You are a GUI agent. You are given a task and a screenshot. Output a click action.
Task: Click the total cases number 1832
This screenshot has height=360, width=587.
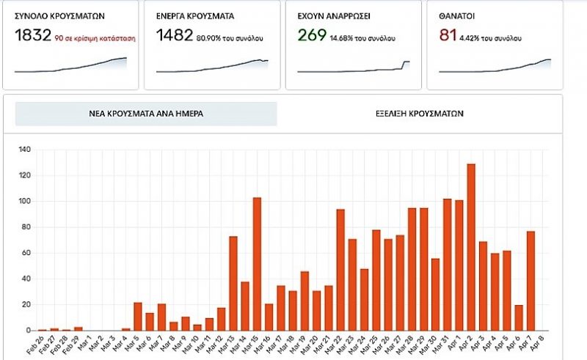(x=32, y=35)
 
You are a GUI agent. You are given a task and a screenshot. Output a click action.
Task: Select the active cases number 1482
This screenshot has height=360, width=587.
(x=175, y=35)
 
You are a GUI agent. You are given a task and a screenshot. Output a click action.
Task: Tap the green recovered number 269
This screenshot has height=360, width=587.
(x=312, y=35)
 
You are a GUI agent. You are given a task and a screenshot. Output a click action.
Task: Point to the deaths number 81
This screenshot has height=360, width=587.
(x=448, y=35)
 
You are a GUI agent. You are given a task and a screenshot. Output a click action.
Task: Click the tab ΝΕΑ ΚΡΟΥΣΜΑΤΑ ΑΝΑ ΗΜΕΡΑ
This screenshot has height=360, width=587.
(x=146, y=114)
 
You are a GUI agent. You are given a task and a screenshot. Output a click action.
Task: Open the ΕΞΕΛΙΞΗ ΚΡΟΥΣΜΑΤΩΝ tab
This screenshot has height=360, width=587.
(x=420, y=114)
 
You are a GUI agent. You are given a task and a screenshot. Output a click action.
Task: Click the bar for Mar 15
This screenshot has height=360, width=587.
(x=257, y=264)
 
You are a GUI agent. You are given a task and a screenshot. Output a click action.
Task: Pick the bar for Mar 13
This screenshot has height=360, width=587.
(x=233, y=283)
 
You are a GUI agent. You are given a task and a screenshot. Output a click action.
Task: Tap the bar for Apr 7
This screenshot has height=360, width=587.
(x=531, y=281)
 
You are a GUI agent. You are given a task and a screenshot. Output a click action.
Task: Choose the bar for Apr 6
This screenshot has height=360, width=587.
(x=519, y=317)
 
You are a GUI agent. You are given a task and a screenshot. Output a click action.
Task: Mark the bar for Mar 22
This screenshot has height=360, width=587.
(x=340, y=270)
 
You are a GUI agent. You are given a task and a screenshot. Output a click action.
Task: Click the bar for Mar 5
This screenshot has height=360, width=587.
(x=138, y=316)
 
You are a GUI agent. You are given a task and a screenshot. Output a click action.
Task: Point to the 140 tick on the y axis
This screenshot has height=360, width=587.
(x=25, y=150)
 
